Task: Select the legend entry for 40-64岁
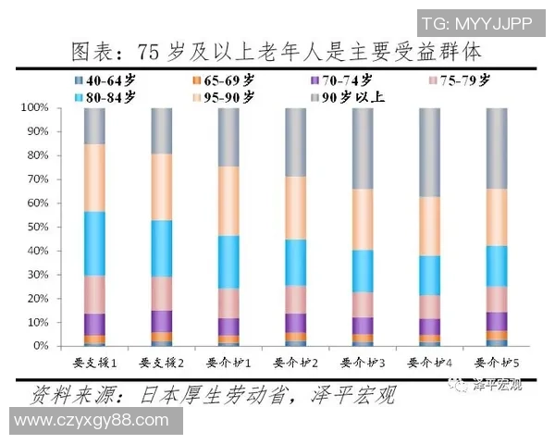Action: click(104, 80)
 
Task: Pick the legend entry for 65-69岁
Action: click(223, 80)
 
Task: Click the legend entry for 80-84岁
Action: click(104, 95)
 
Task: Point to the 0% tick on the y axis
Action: click(39, 346)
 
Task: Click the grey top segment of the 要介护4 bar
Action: click(430, 152)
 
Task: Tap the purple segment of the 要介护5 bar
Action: click(497, 321)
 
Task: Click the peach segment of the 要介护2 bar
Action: click(295, 207)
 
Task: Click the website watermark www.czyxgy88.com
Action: click(92, 421)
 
